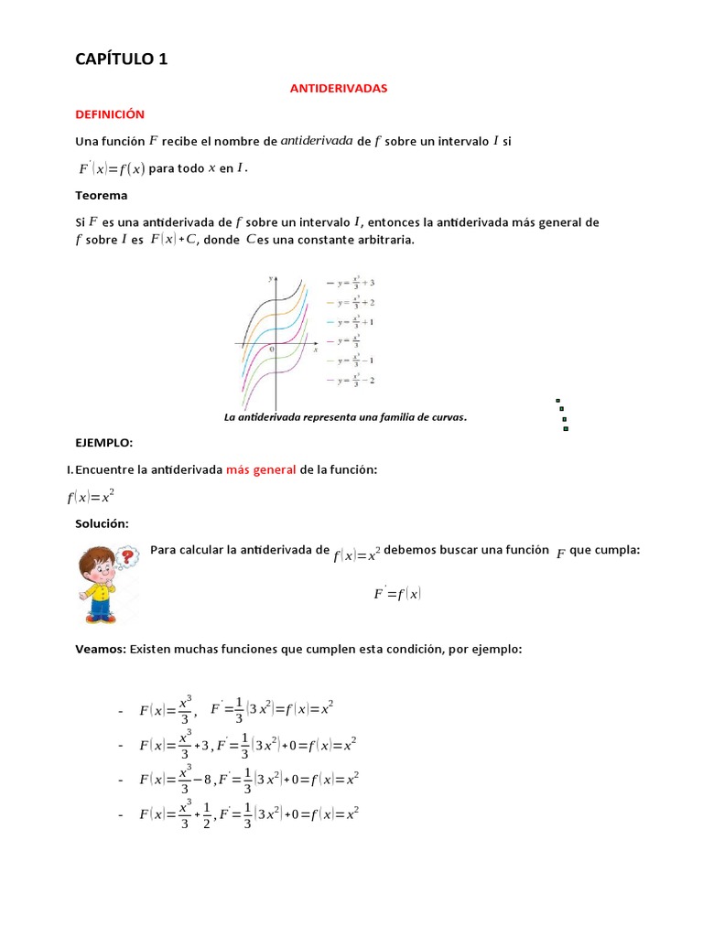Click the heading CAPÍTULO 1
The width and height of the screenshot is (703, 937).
tap(121, 59)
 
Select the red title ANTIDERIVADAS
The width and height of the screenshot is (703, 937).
tap(339, 89)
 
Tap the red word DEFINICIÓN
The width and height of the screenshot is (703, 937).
tap(110, 114)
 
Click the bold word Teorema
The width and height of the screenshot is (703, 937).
tap(101, 195)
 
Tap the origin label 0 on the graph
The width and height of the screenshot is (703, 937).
tap(271, 350)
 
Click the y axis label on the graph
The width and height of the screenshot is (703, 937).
tap(270, 276)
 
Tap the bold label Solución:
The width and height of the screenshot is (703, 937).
tap(102, 523)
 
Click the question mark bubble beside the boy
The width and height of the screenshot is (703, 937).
tap(129, 555)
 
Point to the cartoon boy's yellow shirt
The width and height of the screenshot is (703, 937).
tap(100, 590)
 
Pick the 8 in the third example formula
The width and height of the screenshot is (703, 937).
tap(208, 781)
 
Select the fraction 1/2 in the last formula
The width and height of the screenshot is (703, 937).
tap(207, 814)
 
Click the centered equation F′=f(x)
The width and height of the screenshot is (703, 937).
tap(396, 594)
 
